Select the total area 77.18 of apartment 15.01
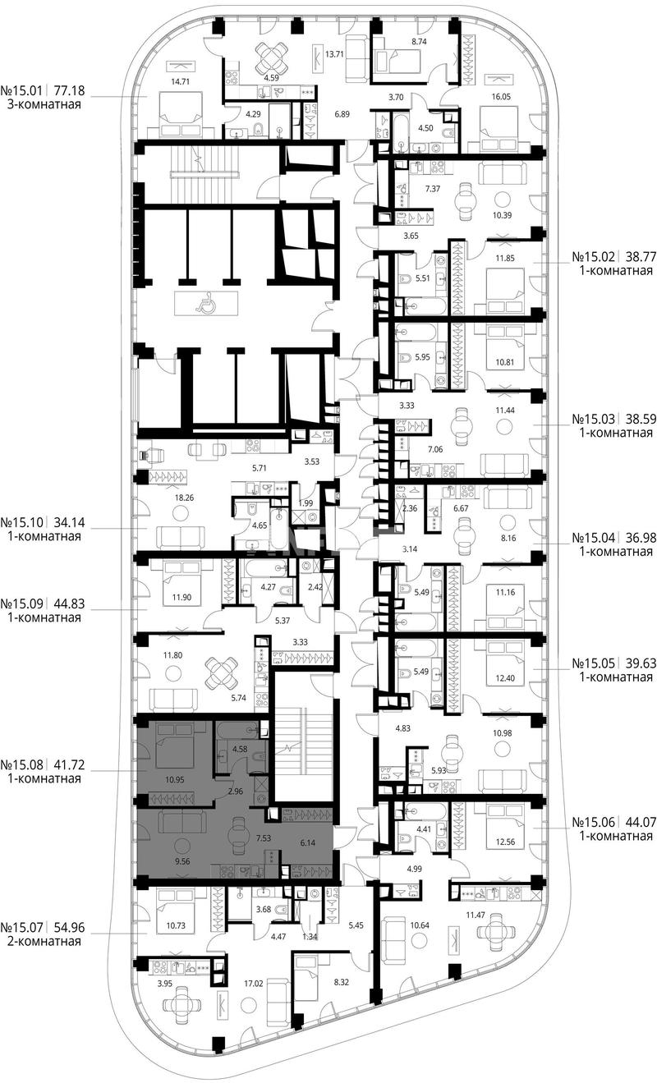(x=67, y=90)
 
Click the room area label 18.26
(x=184, y=497)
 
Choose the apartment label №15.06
(x=594, y=822)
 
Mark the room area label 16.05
(x=501, y=97)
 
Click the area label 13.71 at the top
(x=334, y=54)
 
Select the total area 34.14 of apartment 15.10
(x=67, y=522)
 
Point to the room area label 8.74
(x=419, y=42)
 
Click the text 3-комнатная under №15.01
(x=44, y=104)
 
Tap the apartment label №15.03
(x=594, y=418)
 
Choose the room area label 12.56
(x=505, y=842)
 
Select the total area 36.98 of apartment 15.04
(x=640, y=538)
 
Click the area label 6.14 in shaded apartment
(x=307, y=842)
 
